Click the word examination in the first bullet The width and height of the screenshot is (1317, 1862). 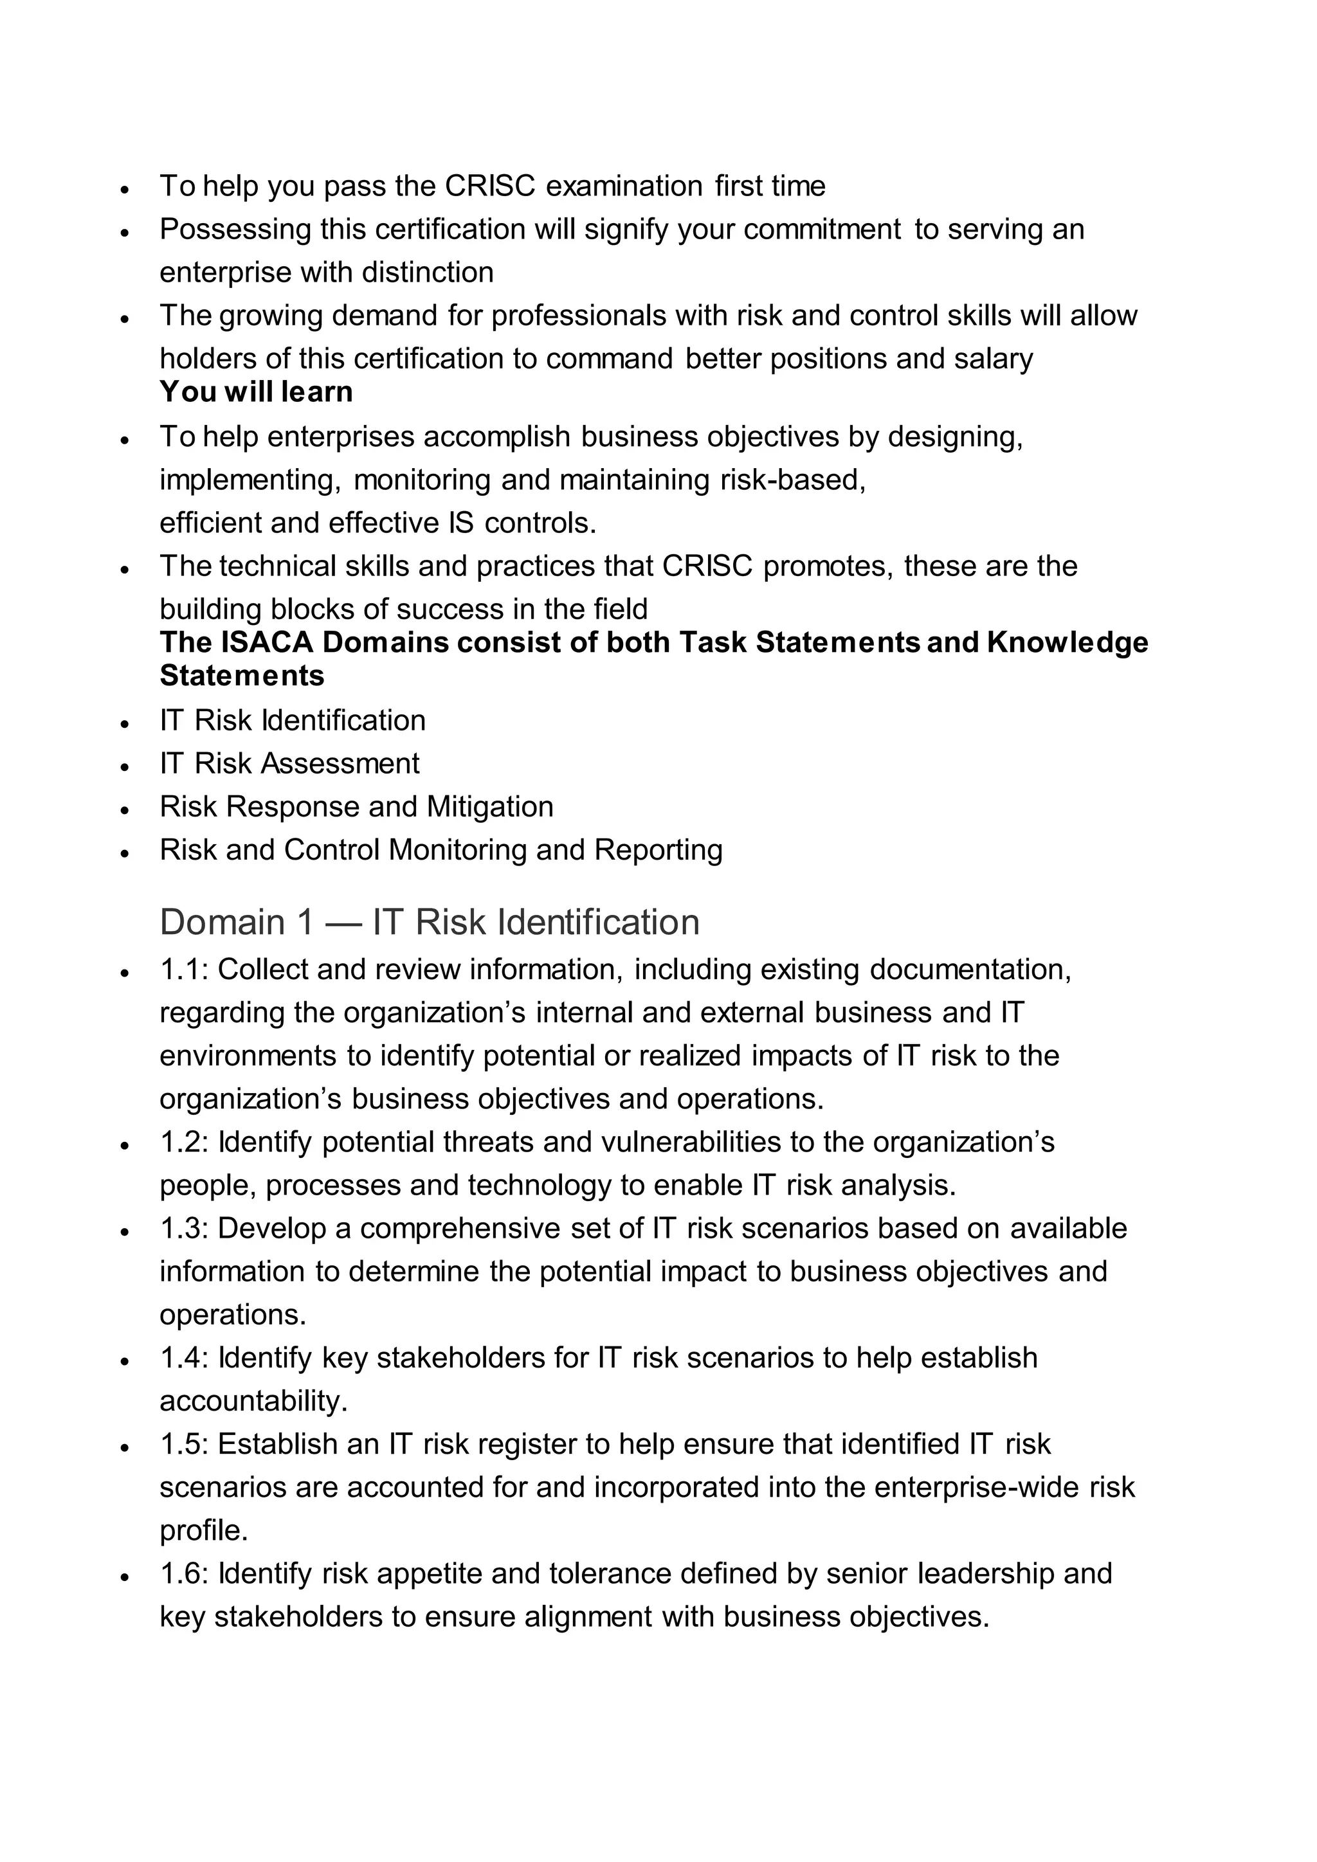(x=624, y=186)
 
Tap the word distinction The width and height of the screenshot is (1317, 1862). (x=428, y=273)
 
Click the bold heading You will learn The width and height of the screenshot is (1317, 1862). (x=257, y=392)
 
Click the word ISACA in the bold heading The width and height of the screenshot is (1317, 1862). (x=267, y=642)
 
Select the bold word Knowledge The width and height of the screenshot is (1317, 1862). (x=1067, y=642)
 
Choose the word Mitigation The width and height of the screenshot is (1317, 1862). (x=490, y=807)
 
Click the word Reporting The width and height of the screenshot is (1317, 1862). (x=658, y=850)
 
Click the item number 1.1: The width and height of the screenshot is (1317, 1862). (x=185, y=970)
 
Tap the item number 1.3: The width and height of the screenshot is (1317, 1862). (x=185, y=1229)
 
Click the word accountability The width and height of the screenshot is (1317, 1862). (x=253, y=1402)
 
